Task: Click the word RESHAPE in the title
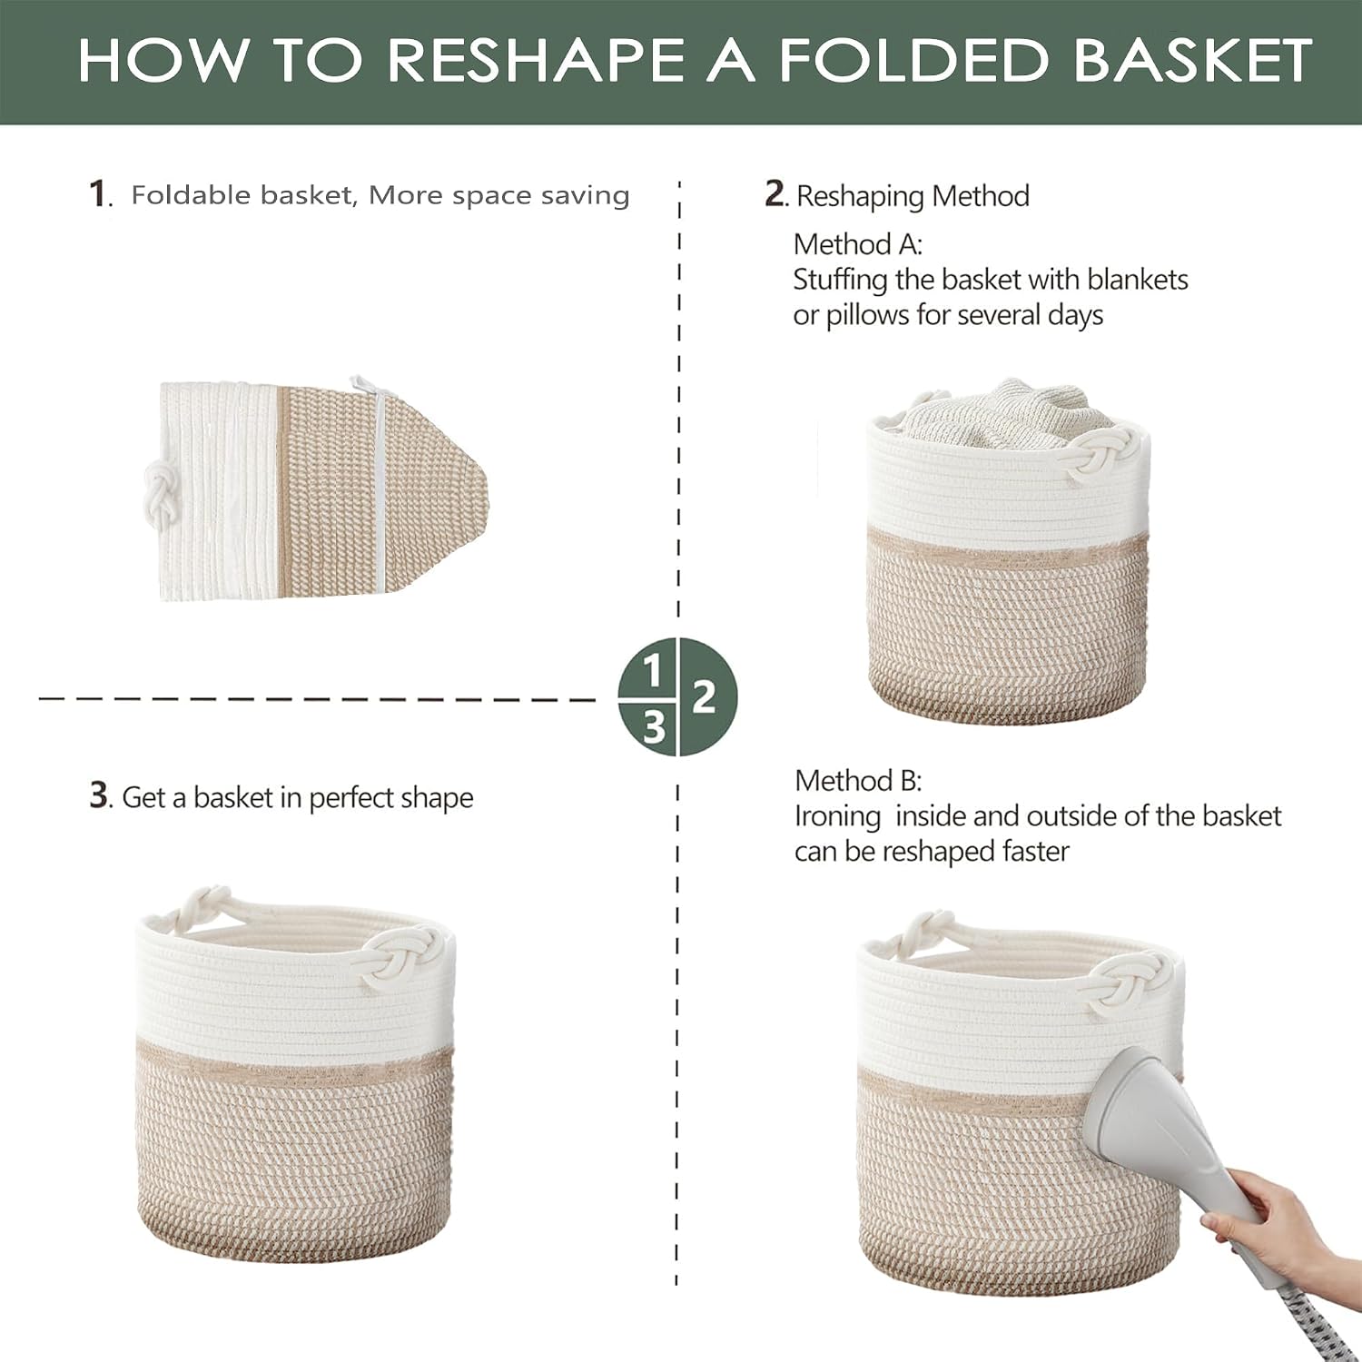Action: pos(535,60)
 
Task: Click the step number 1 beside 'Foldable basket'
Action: pos(98,193)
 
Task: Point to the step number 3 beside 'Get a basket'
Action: pos(99,794)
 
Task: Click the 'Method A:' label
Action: pos(857,244)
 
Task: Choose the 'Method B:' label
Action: pos(858,781)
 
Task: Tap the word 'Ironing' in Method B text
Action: pos(837,817)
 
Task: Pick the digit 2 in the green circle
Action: pos(704,697)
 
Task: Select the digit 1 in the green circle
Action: pos(652,672)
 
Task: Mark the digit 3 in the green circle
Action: pos(654,727)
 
